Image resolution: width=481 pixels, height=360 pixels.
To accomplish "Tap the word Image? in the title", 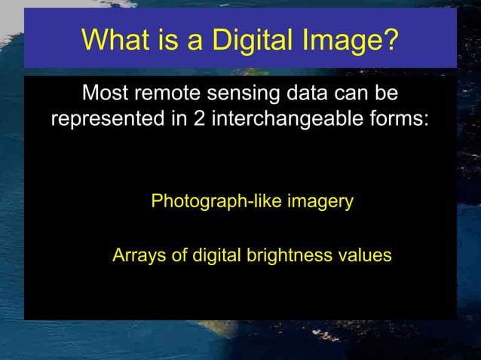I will tap(352, 39).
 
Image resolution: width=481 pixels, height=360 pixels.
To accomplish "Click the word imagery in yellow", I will tap(320, 203).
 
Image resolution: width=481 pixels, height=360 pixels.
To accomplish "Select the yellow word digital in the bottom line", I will tap(214, 255).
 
